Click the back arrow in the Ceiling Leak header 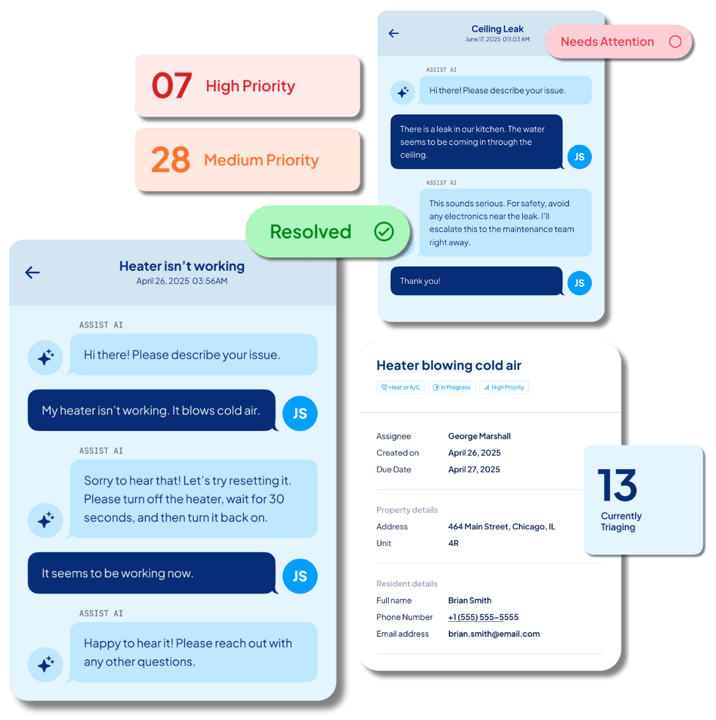coord(394,33)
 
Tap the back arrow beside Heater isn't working coord(32,272)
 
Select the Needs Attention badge coord(619,42)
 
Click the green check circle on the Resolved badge coord(384,232)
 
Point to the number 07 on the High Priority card coord(171,86)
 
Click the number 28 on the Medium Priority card coord(171,160)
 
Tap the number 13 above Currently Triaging coord(617,485)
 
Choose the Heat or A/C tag coord(401,388)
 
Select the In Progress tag coord(452,388)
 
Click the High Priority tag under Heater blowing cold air coord(504,388)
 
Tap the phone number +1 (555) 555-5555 coord(483,617)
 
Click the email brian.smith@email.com coord(494,634)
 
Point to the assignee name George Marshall coord(479,436)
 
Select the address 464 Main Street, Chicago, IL coord(502,527)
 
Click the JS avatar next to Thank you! coord(579,283)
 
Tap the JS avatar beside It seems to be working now coord(300,576)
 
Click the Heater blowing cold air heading coord(449,365)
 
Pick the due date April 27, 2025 coord(474,470)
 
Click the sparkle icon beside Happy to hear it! coord(45,664)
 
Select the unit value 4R coord(453,543)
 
